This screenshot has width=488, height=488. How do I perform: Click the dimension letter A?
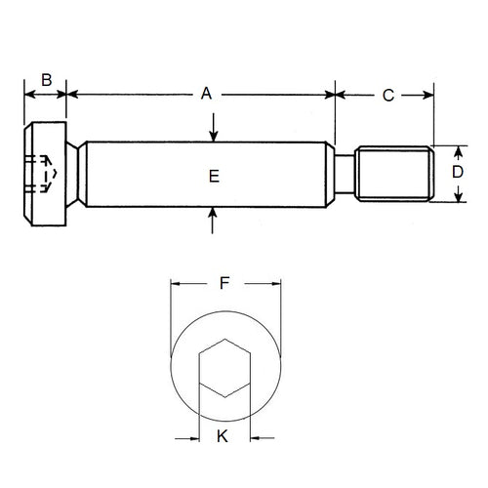coord(206,94)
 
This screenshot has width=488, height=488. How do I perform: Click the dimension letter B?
coord(45,80)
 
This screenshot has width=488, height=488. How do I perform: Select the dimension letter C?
coord(387,95)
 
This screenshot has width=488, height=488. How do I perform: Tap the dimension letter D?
coord(457,172)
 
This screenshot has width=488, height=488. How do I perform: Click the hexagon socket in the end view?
coord(224,372)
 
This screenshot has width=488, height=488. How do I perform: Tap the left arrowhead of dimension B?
coord(26,95)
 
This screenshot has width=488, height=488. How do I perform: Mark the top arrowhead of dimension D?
coord(457,148)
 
